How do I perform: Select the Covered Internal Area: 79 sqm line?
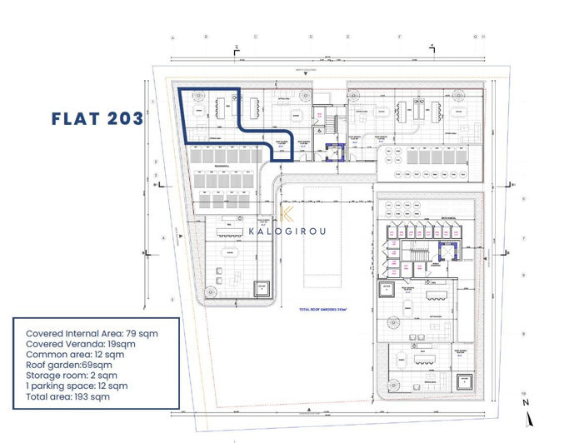pyautogui.click(x=92, y=332)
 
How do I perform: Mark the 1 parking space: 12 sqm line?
pyautogui.click(x=77, y=386)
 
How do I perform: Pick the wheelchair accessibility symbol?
pyautogui.click(x=317, y=131)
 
